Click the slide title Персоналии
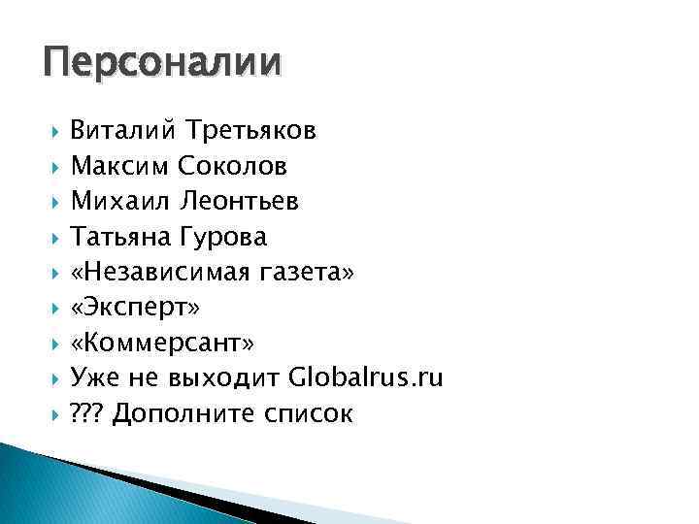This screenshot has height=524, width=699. point(161,63)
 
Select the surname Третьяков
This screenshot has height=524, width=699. point(247,130)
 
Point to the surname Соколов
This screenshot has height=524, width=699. point(232,166)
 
